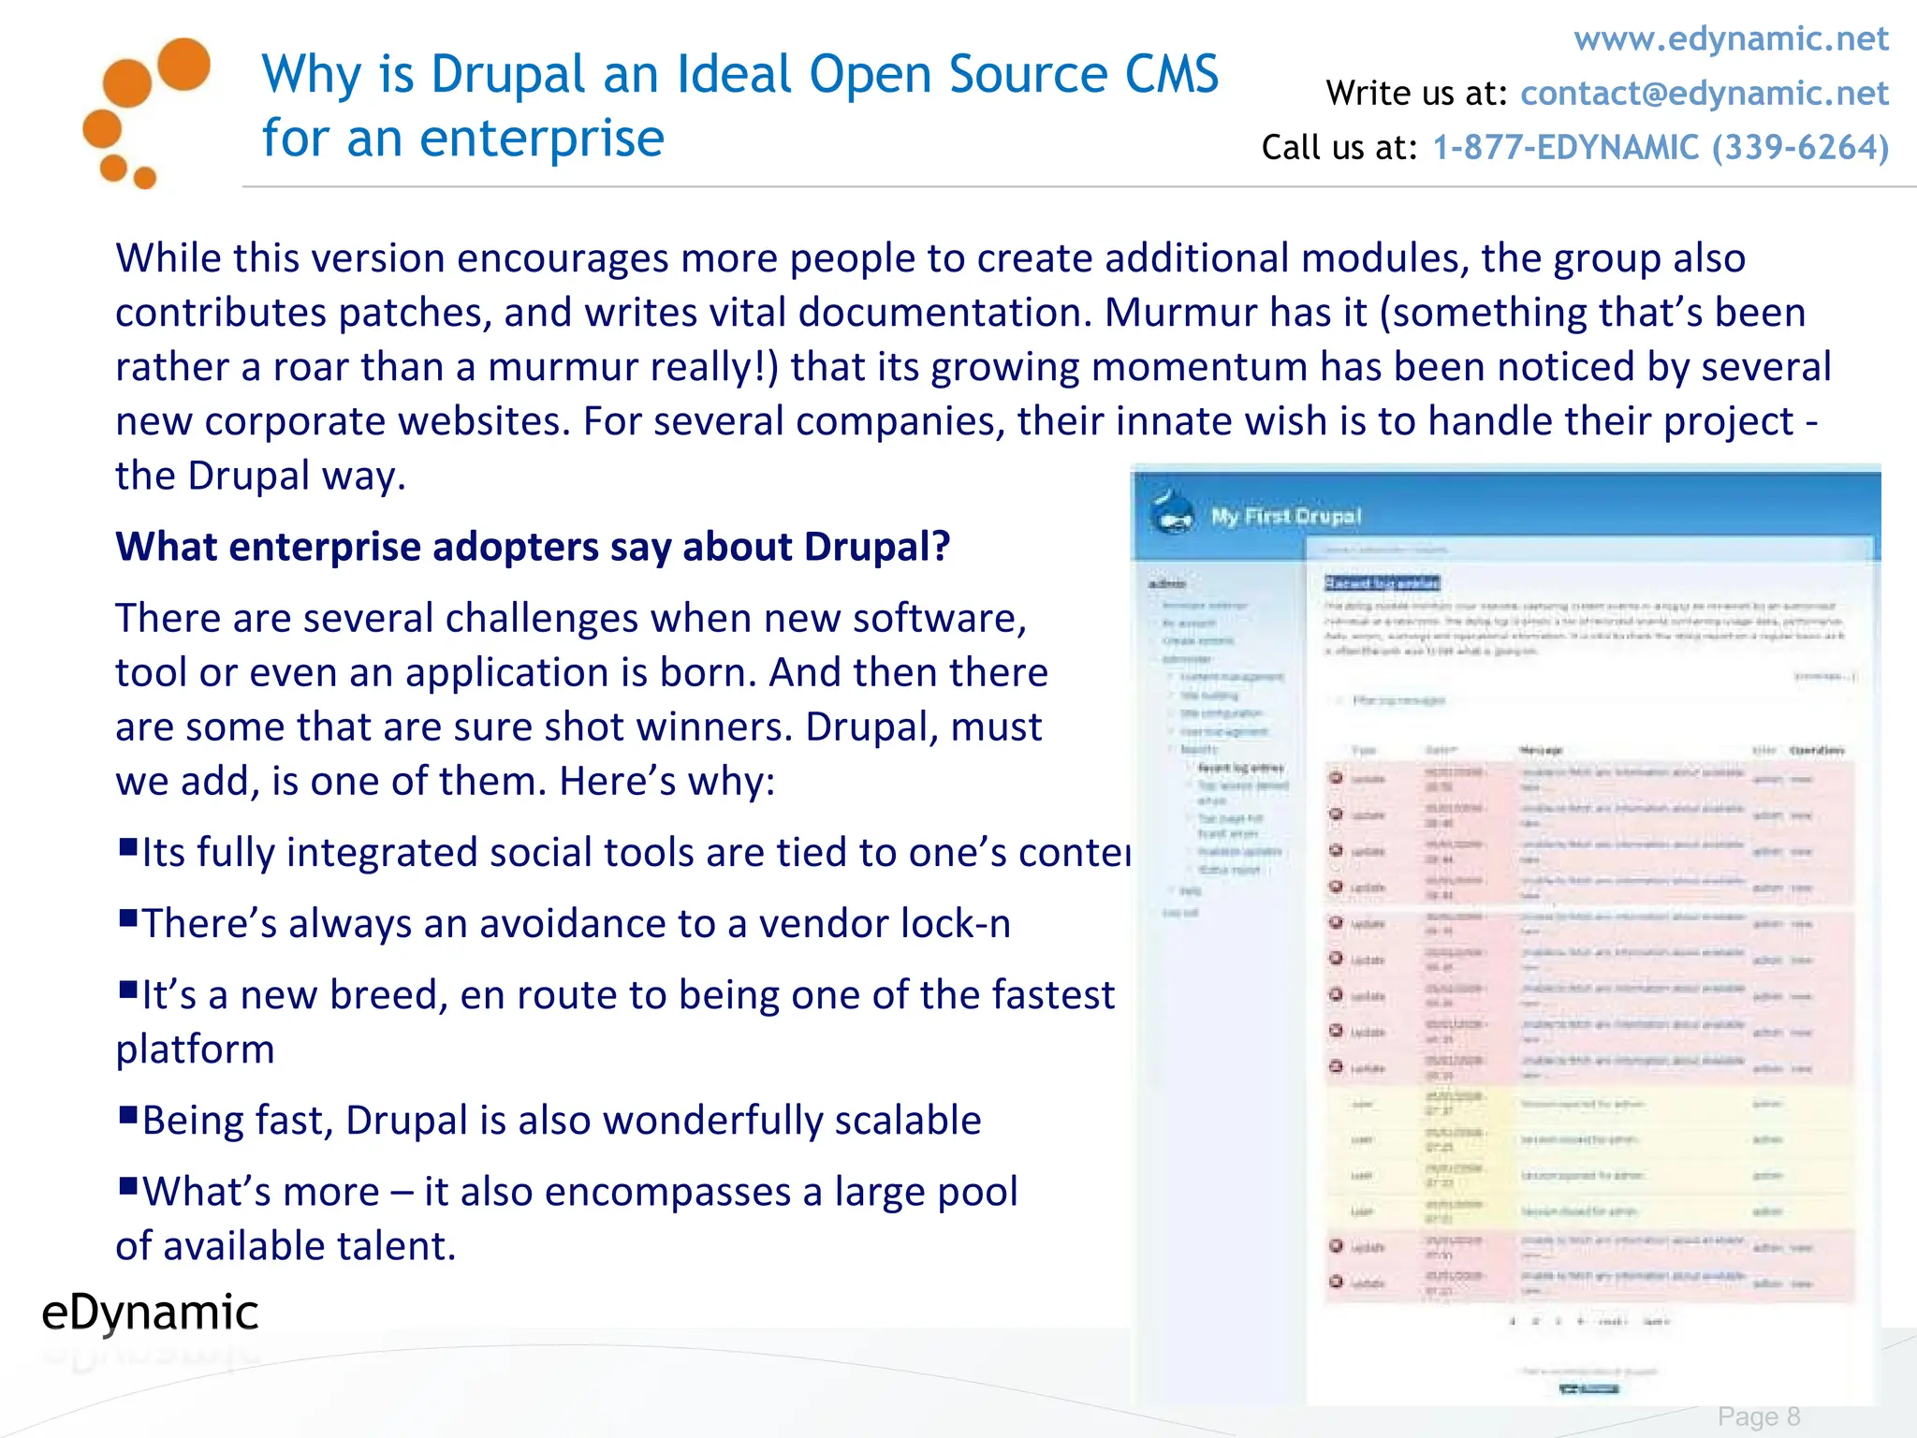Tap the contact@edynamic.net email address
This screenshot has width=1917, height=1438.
(x=1704, y=94)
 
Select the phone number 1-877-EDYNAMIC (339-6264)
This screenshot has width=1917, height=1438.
(x=1661, y=148)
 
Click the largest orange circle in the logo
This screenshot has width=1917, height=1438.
(x=183, y=64)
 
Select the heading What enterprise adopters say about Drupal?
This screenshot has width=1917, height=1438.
(x=532, y=547)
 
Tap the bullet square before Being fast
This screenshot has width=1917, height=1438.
(x=128, y=1114)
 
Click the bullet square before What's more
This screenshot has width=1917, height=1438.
(x=128, y=1185)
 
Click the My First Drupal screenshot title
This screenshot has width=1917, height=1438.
(x=1285, y=517)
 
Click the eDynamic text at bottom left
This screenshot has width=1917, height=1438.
(x=150, y=1313)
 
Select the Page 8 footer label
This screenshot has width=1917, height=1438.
(x=1758, y=1416)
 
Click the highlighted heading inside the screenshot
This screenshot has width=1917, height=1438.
(x=1381, y=583)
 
